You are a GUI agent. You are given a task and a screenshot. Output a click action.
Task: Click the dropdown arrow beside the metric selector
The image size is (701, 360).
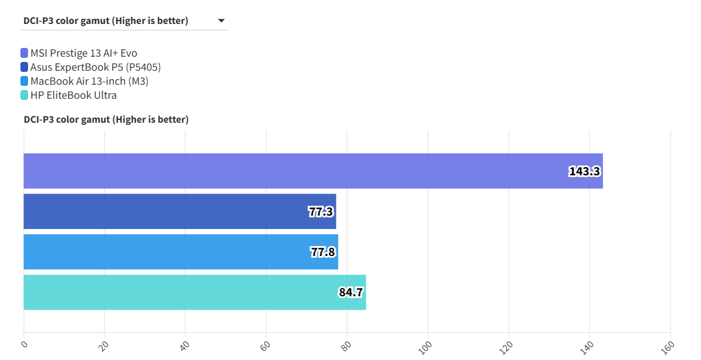221,21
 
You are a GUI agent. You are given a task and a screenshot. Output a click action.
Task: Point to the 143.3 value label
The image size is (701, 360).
585,171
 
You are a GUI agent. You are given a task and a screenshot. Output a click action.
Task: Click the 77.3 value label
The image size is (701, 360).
321,212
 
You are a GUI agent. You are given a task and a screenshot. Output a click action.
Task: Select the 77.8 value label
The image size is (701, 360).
323,252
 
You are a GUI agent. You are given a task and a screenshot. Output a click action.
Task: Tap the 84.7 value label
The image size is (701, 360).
351,292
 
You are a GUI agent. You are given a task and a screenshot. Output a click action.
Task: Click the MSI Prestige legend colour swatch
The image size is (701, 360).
24,53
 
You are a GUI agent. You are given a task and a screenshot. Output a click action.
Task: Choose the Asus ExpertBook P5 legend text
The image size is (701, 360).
95,67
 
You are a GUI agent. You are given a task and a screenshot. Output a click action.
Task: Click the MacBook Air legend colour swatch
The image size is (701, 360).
24,81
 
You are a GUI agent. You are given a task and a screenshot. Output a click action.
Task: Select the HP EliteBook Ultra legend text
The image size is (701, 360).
74,95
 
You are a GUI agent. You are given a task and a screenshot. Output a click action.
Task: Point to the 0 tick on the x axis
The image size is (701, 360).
24,344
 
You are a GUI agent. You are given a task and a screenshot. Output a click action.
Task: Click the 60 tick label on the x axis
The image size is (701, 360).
266,345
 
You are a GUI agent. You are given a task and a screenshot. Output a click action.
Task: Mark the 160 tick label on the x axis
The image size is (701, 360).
668,347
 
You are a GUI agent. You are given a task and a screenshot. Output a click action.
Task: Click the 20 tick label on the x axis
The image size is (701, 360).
104,345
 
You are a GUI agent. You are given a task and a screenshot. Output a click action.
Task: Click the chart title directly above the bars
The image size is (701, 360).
106,120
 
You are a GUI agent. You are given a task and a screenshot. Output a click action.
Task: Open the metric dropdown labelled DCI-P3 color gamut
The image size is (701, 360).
106,21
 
